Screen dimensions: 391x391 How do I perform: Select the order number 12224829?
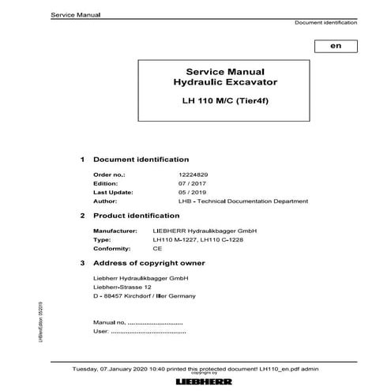(175, 172)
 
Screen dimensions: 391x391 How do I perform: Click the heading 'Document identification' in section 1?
(141, 159)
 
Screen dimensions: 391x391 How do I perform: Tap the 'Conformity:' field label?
(111, 247)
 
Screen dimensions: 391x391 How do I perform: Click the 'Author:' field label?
(105, 201)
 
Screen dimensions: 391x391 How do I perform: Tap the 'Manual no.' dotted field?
(137, 324)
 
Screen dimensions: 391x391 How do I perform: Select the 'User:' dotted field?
(137, 333)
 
